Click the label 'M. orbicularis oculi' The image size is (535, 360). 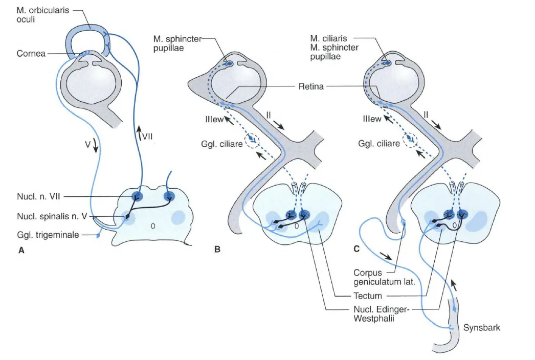coord(42,15)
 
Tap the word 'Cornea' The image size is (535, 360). coord(31,54)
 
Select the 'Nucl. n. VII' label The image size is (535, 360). coord(38,196)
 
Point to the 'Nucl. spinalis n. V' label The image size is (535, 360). coord(52,216)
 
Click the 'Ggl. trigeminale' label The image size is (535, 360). coord(48,235)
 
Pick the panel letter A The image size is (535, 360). coord(21,251)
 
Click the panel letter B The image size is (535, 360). coord(217,250)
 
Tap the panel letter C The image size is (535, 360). coord(356,249)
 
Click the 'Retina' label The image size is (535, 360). coord(311,86)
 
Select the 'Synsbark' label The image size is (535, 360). coord(481,328)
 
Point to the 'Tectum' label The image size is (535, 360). coord(367,296)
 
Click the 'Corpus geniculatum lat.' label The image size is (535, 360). coord(384,278)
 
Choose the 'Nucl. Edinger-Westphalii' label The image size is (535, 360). coord(381,314)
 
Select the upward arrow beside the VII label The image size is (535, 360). coord(139,133)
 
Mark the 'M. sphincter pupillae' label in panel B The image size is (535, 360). coord(177,43)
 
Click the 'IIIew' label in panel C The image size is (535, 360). coord(371,119)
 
